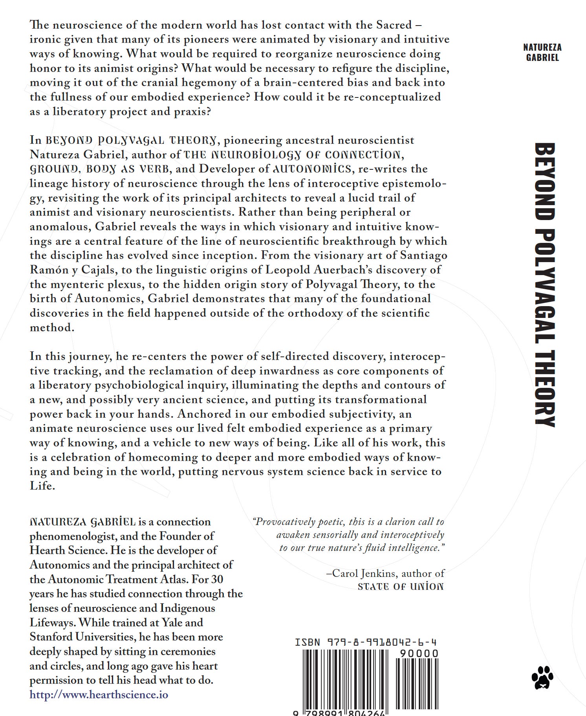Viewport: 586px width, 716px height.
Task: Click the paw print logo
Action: (x=542, y=677)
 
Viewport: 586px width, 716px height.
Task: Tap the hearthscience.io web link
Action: (x=99, y=695)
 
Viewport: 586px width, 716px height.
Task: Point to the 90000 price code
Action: (x=418, y=654)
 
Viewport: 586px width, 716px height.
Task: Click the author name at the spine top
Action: (x=542, y=52)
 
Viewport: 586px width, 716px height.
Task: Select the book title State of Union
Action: (x=401, y=587)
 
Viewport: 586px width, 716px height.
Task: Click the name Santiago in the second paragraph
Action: (x=423, y=255)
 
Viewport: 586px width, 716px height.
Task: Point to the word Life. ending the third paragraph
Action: (x=42, y=486)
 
